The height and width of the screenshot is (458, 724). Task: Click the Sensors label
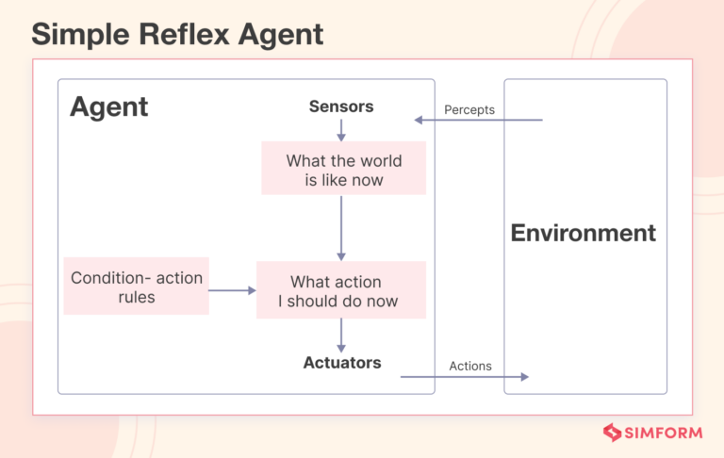coord(341,106)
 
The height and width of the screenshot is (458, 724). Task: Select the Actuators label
coord(342,363)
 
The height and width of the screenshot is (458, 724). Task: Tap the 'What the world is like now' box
coord(344,170)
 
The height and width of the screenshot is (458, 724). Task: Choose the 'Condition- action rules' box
coord(137,287)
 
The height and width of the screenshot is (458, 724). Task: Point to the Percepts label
coord(469,110)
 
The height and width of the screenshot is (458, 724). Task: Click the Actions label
coord(470,366)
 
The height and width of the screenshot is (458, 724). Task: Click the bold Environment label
coord(583,233)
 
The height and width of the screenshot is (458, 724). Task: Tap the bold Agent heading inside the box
coord(108,106)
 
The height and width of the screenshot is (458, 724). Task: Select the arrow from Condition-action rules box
coord(232,290)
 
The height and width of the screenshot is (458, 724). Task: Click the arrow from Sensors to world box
coord(341,131)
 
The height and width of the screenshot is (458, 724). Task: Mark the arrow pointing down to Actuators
coord(341,335)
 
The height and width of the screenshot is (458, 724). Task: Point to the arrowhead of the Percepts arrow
coord(420,121)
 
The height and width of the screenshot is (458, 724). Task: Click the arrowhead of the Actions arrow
coord(523,377)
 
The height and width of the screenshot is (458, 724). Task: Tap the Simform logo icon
coord(613,433)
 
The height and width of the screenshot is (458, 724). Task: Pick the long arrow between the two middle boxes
coord(341,227)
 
